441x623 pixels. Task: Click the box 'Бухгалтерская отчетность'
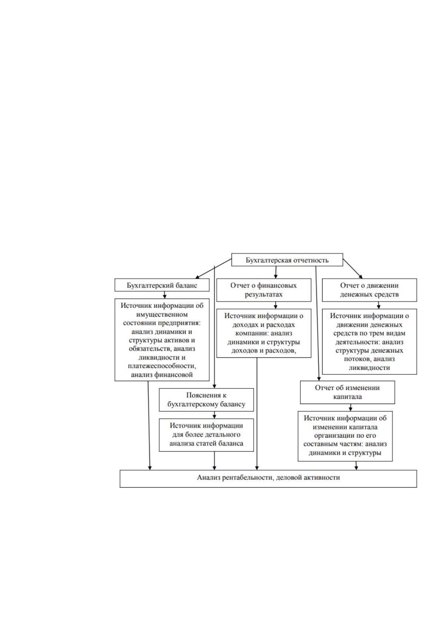(287, 260)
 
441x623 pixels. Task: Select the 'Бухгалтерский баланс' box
(162, 285)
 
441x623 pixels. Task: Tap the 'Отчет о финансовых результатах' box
(264, 290)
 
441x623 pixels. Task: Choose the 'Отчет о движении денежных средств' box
(370, 290)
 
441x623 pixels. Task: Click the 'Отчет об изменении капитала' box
(347, 392)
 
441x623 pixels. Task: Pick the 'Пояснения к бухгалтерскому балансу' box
(206, 400)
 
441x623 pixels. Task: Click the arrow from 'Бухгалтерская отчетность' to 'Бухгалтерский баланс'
(214, 268)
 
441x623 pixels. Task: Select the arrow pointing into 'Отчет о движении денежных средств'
(353, 269)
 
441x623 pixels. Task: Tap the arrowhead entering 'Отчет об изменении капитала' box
(319, 379)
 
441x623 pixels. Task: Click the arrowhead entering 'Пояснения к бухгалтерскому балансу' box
(214, 386)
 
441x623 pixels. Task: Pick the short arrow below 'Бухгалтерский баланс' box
(164, 295)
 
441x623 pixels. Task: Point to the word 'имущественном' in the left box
(162, 314)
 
